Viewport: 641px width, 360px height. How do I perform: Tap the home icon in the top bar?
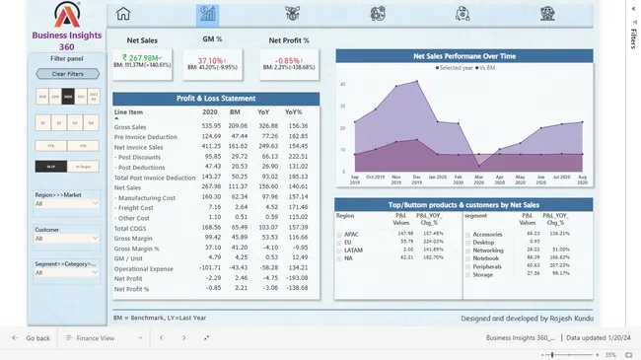(x=123, y=14)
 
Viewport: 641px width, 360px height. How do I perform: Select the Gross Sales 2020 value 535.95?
(x=211, y=126)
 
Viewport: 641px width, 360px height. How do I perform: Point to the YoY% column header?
(x=297, y=112)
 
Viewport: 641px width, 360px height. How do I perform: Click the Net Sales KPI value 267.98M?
(x=138, y=57)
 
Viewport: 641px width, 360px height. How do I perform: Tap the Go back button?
(x=32, y=338)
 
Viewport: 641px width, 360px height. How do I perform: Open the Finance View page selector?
(x=90, y=338)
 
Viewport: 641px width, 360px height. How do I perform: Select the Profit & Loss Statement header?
(x=216, y=99)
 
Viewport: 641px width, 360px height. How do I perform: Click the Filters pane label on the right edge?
(x=632, y=36)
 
